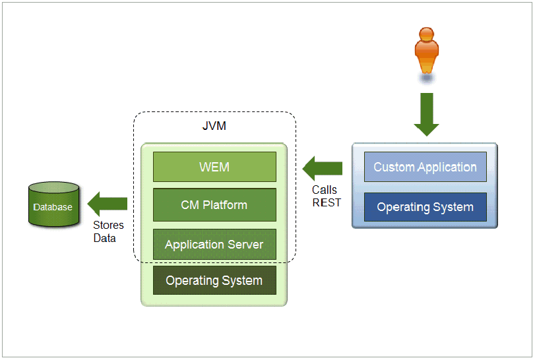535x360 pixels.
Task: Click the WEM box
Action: click(x=214, y=167)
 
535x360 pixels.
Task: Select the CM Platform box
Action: click(x=214, y=205)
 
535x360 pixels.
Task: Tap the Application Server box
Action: click(x=214, y=244)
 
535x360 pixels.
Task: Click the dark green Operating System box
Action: click(x=214, y=280)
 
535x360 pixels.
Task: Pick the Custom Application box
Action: click(x=425, y=167)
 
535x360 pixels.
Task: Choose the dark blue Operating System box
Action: click(x=425, y=207)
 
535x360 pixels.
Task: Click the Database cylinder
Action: click(x=53, y=204)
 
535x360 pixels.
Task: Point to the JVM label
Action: click(x=214, y=126)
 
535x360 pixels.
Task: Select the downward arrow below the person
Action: click(x=427, y=115)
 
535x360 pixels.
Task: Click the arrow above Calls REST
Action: click(x=323, y=168)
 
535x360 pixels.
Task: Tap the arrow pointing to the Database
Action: click(x=107, y=204)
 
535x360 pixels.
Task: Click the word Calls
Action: click(x=324, y=190)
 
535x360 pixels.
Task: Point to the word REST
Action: click(x=327, y=202)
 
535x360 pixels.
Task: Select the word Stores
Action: click(x=108, y=225)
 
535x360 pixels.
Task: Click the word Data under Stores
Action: click(x=104, y=238)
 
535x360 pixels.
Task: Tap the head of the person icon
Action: click(x=427, y=34)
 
